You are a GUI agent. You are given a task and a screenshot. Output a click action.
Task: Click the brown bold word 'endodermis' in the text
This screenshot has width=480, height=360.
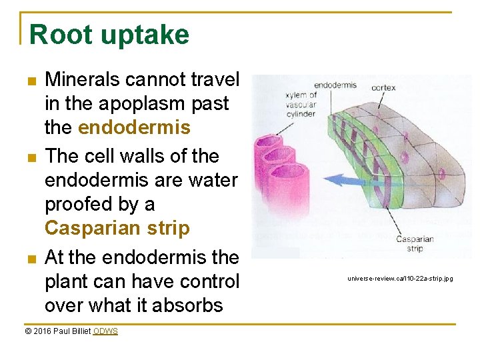pos(135,127)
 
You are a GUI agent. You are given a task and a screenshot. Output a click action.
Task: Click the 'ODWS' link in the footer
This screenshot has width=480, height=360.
pos(105,331)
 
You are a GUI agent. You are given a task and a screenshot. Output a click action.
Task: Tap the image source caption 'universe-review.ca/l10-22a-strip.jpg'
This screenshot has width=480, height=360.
pos(400,278)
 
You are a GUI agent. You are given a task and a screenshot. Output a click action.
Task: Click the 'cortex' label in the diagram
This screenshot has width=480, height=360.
pos(383,87)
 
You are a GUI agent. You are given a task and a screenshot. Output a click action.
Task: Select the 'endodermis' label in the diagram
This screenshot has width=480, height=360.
pos(334,85)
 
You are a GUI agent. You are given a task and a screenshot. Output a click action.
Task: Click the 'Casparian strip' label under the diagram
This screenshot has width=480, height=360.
pos(415,243)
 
